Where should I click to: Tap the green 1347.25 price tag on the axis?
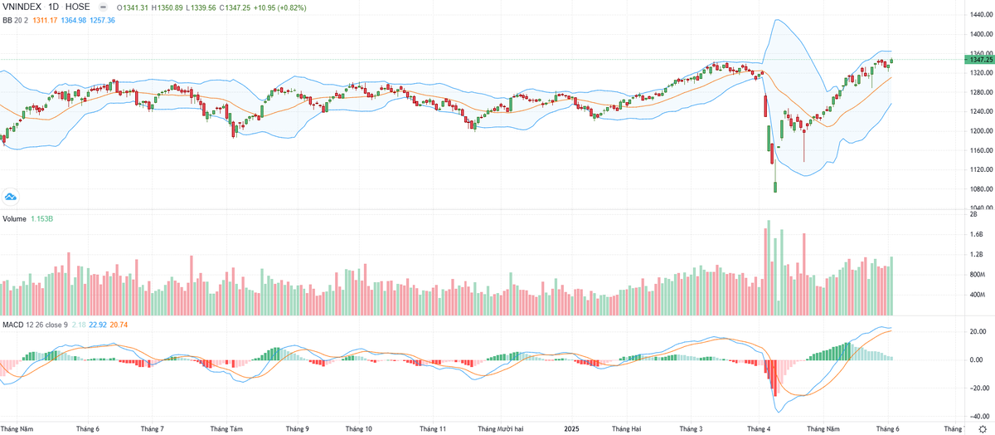pos(978,60)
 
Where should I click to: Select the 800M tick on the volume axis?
pos(977,275)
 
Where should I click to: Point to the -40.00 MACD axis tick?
pos(975,417)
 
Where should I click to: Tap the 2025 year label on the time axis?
pos(571,429)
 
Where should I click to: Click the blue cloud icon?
pos(11,197)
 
